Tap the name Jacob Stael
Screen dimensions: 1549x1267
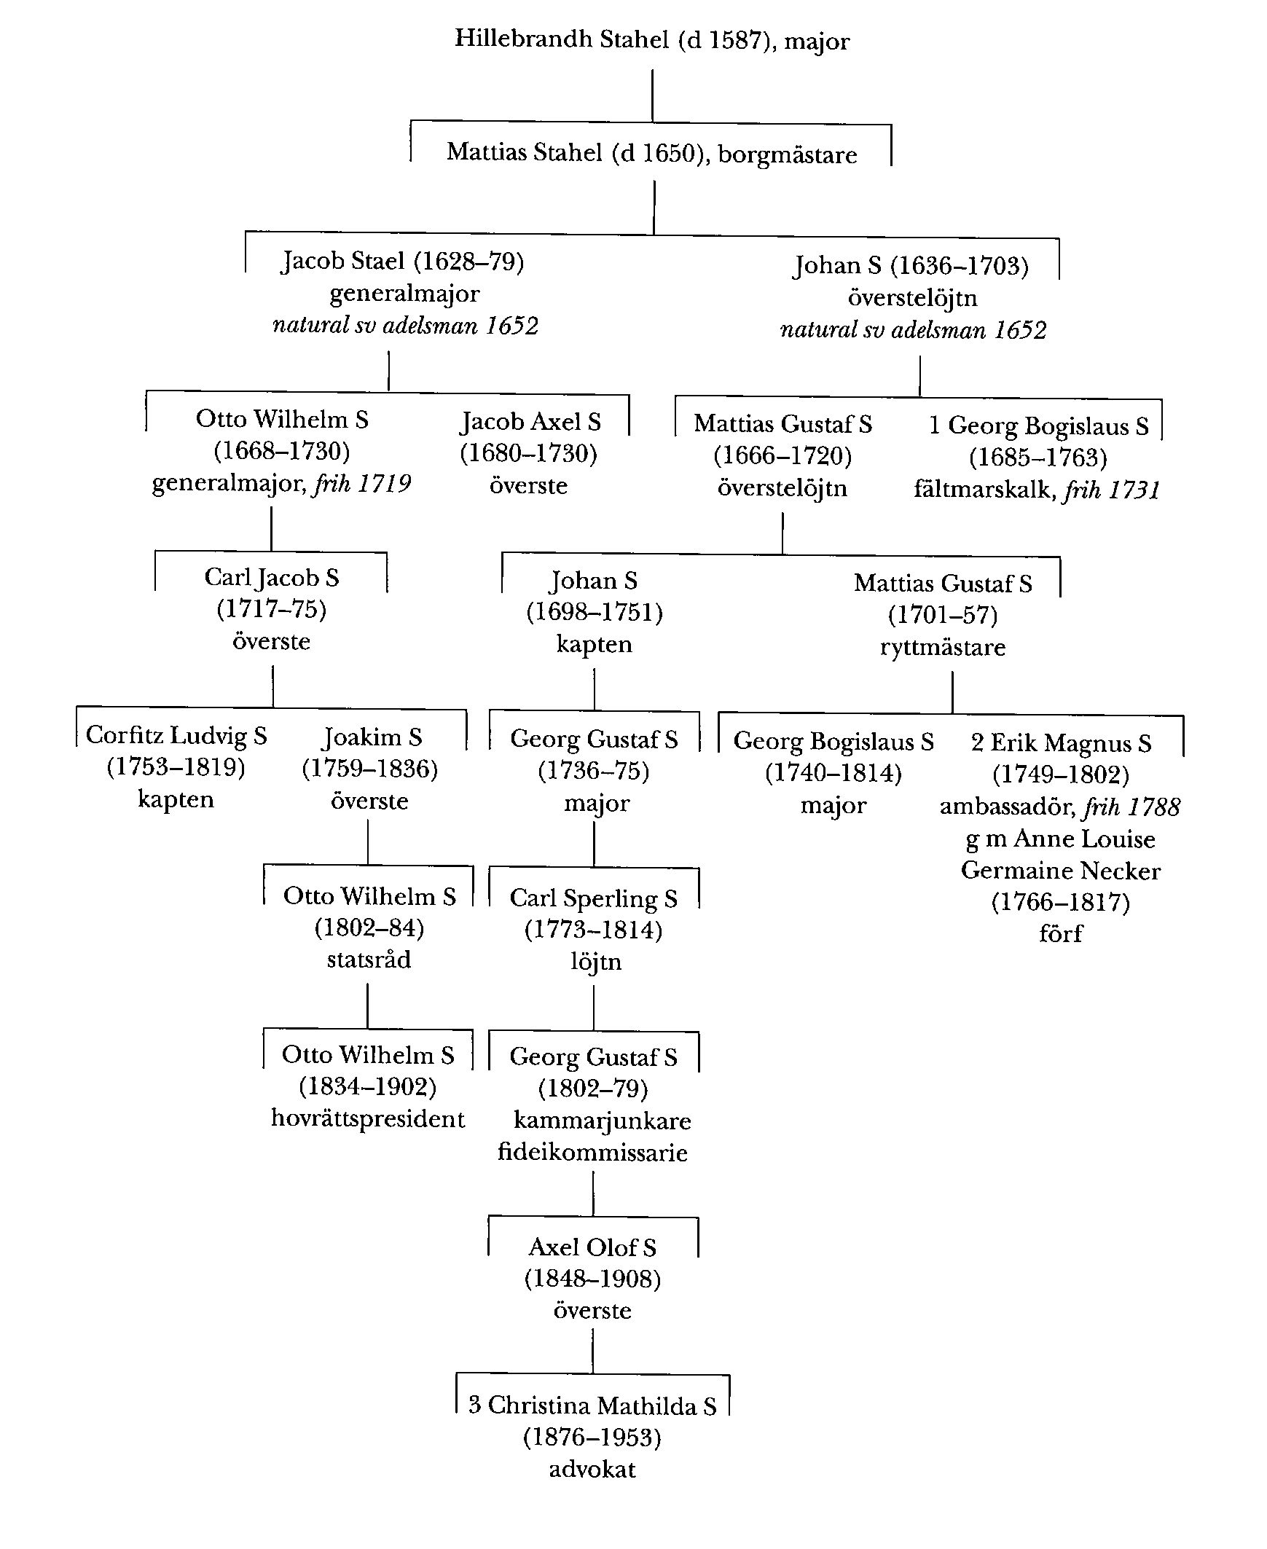pyautogui.click(x=343, y=262)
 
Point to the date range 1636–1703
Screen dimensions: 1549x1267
pyautogui.click(x=959, y=266)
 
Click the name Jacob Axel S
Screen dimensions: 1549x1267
pyautogui.click(x=530, y=422)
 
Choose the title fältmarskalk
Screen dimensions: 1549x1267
pyautogui.click(x=981, y=490)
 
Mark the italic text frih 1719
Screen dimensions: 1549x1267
pyautogui.click(x=361, y=484)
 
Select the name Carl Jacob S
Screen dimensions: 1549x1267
pyautogui.click(x=272, y=577)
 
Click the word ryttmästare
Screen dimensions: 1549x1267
pyautogui.click(x=942, y=648)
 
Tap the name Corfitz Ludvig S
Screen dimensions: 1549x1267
pyautogui.click(x=176, y=735)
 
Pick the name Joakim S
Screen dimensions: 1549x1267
pyautogui.click(x=372, y=737)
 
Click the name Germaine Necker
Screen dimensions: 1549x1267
pyautogui.click(x=1060, y=871)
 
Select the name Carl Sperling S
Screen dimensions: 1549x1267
pyautogui.click(x=593, y=898)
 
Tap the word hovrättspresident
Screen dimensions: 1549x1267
pyautogui.click(x=368, y=1119)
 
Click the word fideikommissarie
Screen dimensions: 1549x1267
pyautogui.click(x=592, y=1153)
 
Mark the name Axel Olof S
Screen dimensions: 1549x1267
pyautogui.click(x=592, y=1247)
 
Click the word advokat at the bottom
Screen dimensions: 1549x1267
pyautogui.click(x=592, y=1469)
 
